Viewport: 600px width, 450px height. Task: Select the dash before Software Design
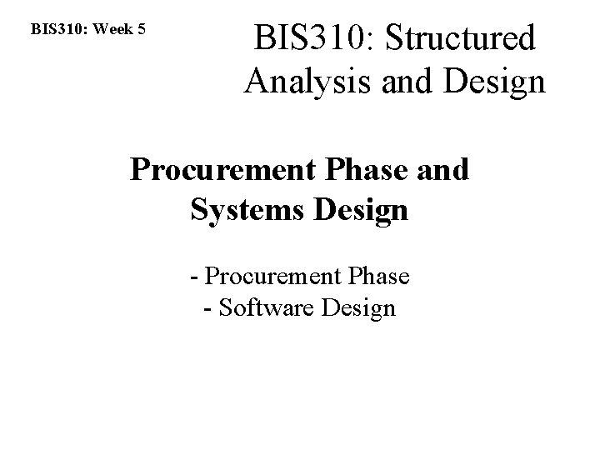click(x=207, y=308)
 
